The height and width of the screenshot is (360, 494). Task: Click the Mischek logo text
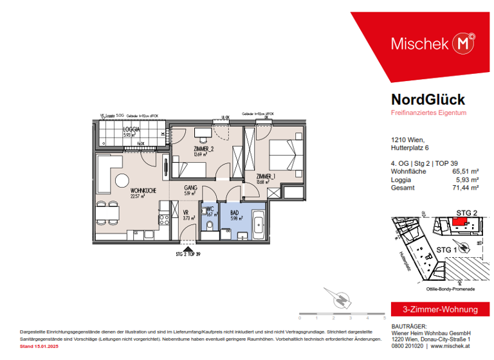coord(420,44)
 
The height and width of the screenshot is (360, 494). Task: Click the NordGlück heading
coord(428,100)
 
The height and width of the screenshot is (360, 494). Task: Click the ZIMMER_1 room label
coord(266,175)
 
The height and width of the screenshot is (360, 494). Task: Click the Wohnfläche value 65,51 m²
coord(466,172)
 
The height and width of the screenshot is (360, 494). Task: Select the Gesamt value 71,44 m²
coord(466,188)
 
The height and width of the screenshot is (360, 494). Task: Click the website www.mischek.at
coord(453,346)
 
